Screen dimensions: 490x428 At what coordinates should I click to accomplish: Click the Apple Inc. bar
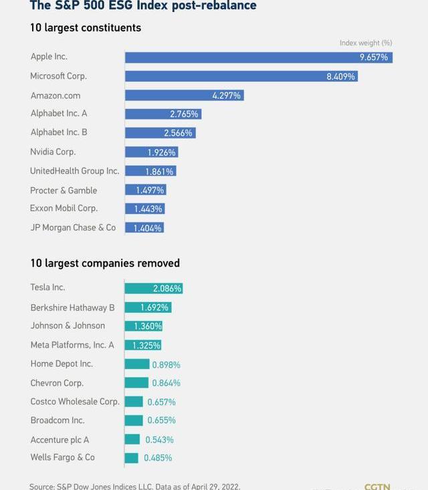pos(258,57)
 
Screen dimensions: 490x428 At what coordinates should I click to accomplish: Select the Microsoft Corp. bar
pos(241,76)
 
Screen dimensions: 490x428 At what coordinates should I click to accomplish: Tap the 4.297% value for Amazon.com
pos(226,96)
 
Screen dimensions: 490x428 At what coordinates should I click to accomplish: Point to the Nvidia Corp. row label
pos(53,152)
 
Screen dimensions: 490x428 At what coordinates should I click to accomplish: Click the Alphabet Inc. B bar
pos(159,133)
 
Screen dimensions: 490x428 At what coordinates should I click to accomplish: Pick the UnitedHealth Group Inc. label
pos(74,171)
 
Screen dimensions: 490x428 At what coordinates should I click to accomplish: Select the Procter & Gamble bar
pos(145,191)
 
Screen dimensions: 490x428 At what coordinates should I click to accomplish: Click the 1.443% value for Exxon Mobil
pos(148,209)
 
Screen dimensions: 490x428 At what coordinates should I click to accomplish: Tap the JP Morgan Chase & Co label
pos(73,228)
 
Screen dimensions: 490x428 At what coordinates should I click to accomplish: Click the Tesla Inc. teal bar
pos(153,288)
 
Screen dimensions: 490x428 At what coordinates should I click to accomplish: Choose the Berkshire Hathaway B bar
pos(148,308)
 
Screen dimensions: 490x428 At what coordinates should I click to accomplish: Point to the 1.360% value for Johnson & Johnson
pos(148,326)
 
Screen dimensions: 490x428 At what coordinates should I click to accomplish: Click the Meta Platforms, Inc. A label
pos(72,345)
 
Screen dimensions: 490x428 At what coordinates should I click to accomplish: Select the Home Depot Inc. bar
pos(136,364)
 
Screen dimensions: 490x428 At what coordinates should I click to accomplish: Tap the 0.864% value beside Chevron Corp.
pos(166,383)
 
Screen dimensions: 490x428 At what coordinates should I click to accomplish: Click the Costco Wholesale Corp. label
pos(75,402)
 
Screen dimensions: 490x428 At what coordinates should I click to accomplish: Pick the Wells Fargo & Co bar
pos(131,458)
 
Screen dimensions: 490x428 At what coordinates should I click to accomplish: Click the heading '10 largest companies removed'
pos(105,263)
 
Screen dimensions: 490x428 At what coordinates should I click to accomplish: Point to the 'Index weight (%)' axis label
pos(366,43)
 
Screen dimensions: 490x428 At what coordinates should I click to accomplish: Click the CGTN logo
pos(377,486)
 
